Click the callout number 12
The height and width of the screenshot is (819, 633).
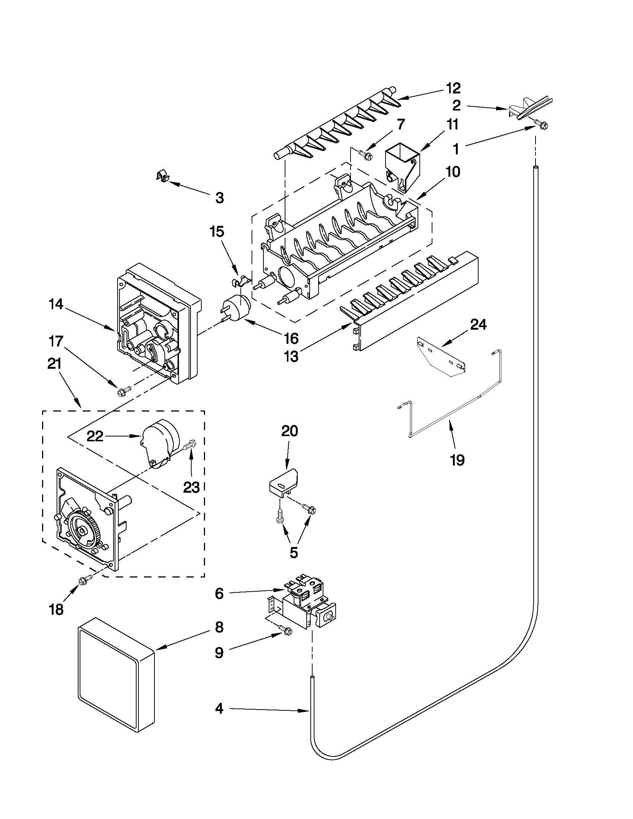(453, 88)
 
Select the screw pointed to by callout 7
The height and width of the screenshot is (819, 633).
(364, 153)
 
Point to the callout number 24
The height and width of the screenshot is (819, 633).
(478, 324)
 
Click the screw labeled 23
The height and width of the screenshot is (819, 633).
(190, 445)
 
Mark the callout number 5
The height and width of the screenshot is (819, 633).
(294, 553)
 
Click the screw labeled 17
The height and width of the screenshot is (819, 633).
(123, 391)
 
